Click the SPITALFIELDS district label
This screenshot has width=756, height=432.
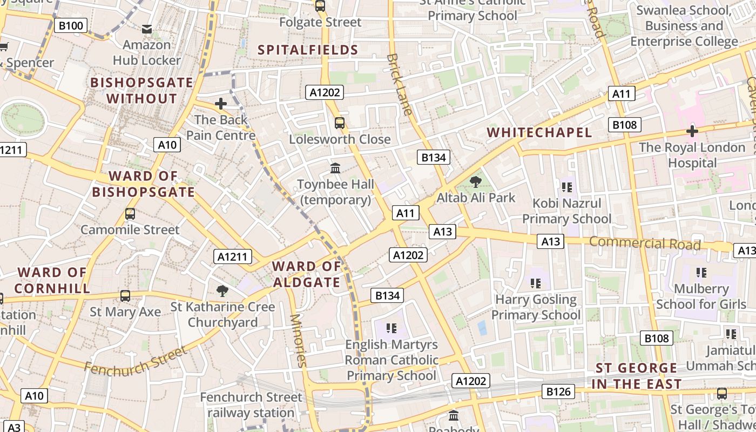(x=308, y=50)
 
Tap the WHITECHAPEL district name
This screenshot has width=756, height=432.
(x=539, y=132)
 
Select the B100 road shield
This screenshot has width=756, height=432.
(x=71, y=25)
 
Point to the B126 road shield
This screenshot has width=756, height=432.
(x=558, y=391)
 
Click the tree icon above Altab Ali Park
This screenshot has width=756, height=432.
(x=475, y=182)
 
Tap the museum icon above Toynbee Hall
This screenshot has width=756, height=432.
(x=335, y=168)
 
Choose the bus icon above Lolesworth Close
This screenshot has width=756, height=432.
(x=339, y=123)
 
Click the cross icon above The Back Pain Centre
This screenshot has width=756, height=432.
(x=220, y=104)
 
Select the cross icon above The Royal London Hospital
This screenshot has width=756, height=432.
(x=692, y=131)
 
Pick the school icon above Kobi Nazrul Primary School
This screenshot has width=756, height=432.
(x=566, y=187)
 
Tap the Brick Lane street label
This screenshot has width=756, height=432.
(x=400, y=84)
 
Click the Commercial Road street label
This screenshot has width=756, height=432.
(x=645, y=243)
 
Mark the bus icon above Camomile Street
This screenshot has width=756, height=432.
(x=130, y=213)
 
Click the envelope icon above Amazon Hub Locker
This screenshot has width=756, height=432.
(x=146, y=29)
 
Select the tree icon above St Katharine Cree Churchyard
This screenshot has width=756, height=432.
(x=222, y=291)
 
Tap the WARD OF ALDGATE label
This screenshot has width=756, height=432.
(x=307, y=274)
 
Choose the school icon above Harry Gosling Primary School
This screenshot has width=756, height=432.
(x=536, y=283)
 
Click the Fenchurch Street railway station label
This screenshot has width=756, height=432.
(x=251, y=405)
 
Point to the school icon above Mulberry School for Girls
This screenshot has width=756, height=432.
(x=701, y=273)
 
